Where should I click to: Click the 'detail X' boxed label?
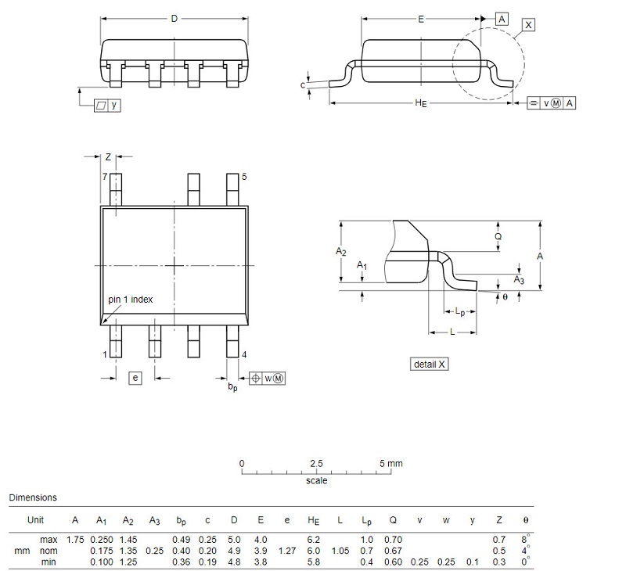[x=429, y=364]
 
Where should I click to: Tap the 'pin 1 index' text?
[x=130, y=300]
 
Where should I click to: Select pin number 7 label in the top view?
[x=105, y=176]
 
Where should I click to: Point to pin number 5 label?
[x=244, y=176]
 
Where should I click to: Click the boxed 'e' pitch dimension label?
[x=135, y=378]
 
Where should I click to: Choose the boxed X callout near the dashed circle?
[x=528, y=25]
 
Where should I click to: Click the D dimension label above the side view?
[x=174, y=18]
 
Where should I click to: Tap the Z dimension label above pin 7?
[x=108, y=156]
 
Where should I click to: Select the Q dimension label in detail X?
[x=498, y=236]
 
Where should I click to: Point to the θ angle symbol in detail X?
[x=505, y=297]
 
